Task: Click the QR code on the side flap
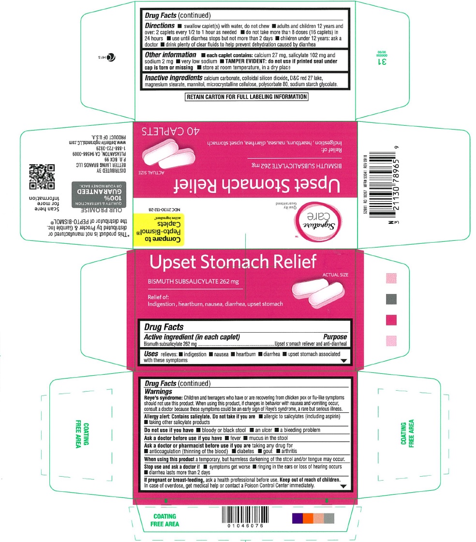click(42, 177)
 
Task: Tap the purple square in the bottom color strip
click(297, 518)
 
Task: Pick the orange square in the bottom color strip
click(308, 518)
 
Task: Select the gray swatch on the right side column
click(391, 299)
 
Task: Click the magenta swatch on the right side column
click(391, 320)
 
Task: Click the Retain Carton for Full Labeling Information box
click(247, 97)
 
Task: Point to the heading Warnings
click(159, 391)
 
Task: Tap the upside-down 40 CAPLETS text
click(170, 131)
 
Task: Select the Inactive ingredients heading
click(173, 77)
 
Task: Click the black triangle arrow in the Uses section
click(344, 361)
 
